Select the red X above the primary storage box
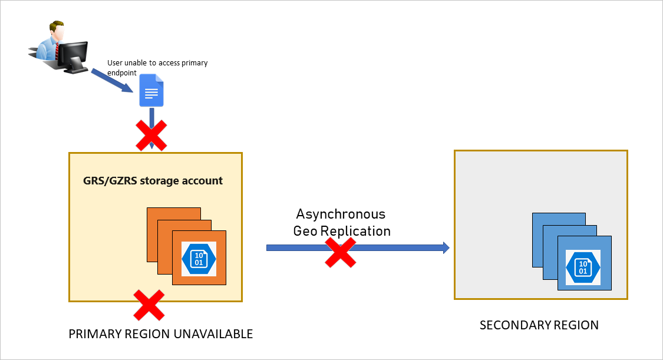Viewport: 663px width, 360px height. coord(151,135)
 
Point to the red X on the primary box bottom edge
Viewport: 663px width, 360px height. coord(149,305)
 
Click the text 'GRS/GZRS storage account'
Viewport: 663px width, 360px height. coord(153,180)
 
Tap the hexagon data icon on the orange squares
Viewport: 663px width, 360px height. coord(199,257)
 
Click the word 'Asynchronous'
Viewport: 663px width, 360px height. coord(341,214)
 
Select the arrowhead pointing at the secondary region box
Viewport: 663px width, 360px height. coord(446,247)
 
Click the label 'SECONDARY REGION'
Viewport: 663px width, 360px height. coord(539,325)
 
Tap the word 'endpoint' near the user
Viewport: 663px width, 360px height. coord(122,73)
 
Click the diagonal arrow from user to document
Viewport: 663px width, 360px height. coord(121,82)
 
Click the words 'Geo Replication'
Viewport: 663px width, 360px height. coord(342,231)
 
